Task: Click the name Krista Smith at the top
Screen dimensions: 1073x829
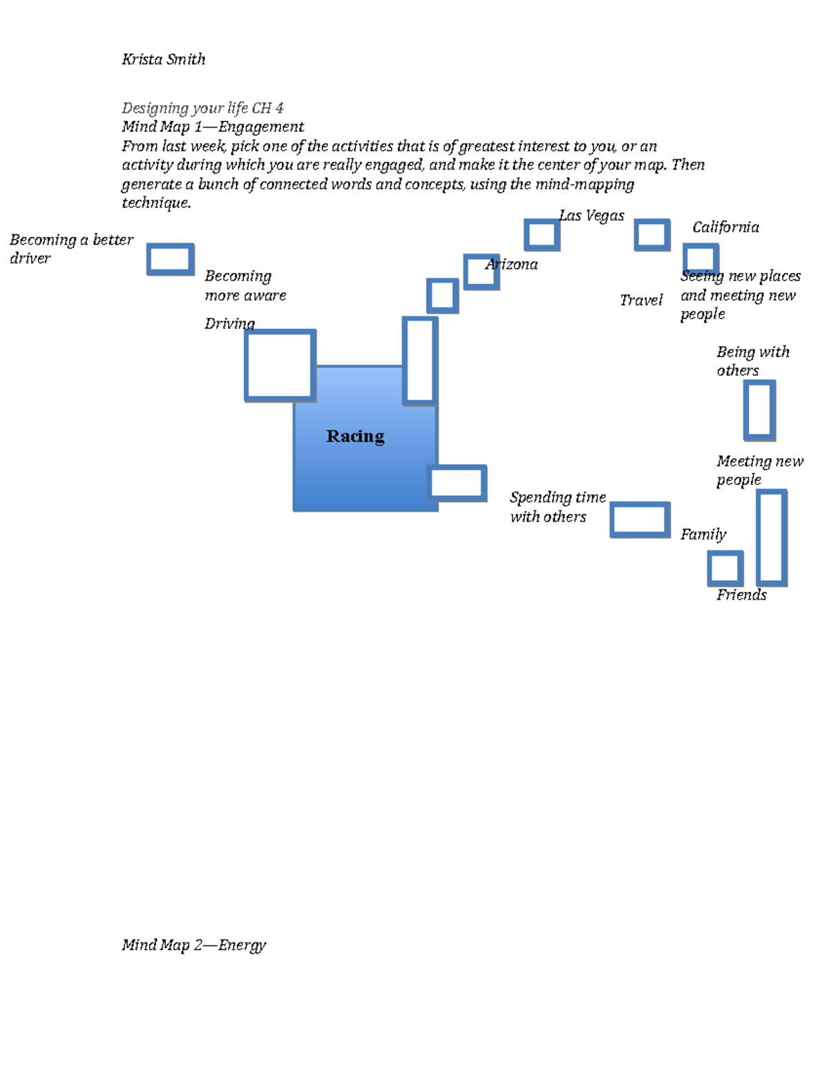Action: point(163,59)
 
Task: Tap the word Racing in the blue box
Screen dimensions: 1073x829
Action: point(355,436)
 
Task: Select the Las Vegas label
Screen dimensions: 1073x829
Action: point(591,216)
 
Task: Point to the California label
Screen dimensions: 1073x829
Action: point(725,227)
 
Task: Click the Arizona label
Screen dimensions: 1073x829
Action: point(512,265)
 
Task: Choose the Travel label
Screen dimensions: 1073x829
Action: point(640,300)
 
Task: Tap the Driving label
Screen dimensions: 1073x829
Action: point(229,323)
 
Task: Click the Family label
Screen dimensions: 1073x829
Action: point(703,534)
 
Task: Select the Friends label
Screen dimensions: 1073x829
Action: point(741,595)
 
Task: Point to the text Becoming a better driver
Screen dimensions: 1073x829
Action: point(70,249)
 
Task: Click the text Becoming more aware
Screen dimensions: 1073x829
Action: point(245,285)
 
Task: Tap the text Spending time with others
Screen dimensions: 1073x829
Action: point(557,507)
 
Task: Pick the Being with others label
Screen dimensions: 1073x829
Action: point(752,361)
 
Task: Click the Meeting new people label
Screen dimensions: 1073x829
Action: point(759,470)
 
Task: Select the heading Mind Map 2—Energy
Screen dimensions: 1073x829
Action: point(193,944)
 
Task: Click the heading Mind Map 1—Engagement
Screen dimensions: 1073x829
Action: point(213,127)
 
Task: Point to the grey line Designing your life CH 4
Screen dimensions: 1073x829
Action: point(202,108)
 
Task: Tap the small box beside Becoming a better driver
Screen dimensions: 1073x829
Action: point(170,259)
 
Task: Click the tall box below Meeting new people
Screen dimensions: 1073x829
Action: point(772,538)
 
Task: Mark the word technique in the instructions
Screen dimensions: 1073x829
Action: point(155,203)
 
